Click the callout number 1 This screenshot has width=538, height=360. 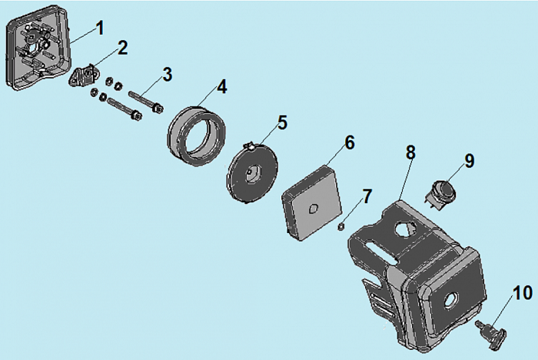click(x=100, y=28)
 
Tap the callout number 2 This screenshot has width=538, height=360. click(x=123, y=48)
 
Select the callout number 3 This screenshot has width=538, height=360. click(x=167, y=75)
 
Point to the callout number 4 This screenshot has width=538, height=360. click(x=222, y=87)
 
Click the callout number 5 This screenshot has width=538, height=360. click(x=282, y=122)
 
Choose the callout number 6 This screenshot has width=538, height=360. click(x=349, y=142)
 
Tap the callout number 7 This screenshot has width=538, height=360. click(x=367, y=196)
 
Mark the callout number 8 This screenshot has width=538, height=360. click(x=410, y=152)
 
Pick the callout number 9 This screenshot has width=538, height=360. click(x=470, y=161)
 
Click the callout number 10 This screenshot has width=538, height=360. click(x=523, y=293)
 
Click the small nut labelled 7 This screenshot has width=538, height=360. click(x=341, y=226)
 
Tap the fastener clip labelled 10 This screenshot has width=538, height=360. click(x=492, y=334)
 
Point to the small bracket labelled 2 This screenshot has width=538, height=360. click(x=85, y=76)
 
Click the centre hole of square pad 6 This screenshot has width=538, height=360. click(x=314, y=208)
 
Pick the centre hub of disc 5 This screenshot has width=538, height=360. click(x=253, y=173)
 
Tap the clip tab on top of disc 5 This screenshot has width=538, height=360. click(x=251, y=146)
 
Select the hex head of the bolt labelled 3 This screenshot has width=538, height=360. click(x=158, y=109)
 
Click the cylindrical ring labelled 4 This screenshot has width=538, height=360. click(x=197, y=135)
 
